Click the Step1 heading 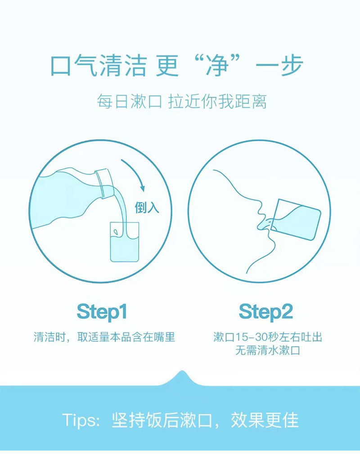pyautogui.click(x=102, y=312)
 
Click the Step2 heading pyautogui.click(x=265, y=312)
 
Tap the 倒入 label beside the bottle pyautogui.click(x=147, y=208)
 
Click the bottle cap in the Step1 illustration pyautogui.click(x=104, y=183)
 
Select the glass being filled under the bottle pyautogui.click(x=125, y=242)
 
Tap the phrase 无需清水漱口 pyautogui.click(x=268, y=350)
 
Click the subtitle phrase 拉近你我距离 pyautogui.click(x=217, y=102)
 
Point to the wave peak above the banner pyautogui.click(x=182, y=372)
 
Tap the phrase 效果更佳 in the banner pyautogui.click(x=265, y=420)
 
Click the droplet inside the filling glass pyautogui.click(x=116, y=232)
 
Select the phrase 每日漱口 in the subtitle pyautogui.click(x=130, y=102)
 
